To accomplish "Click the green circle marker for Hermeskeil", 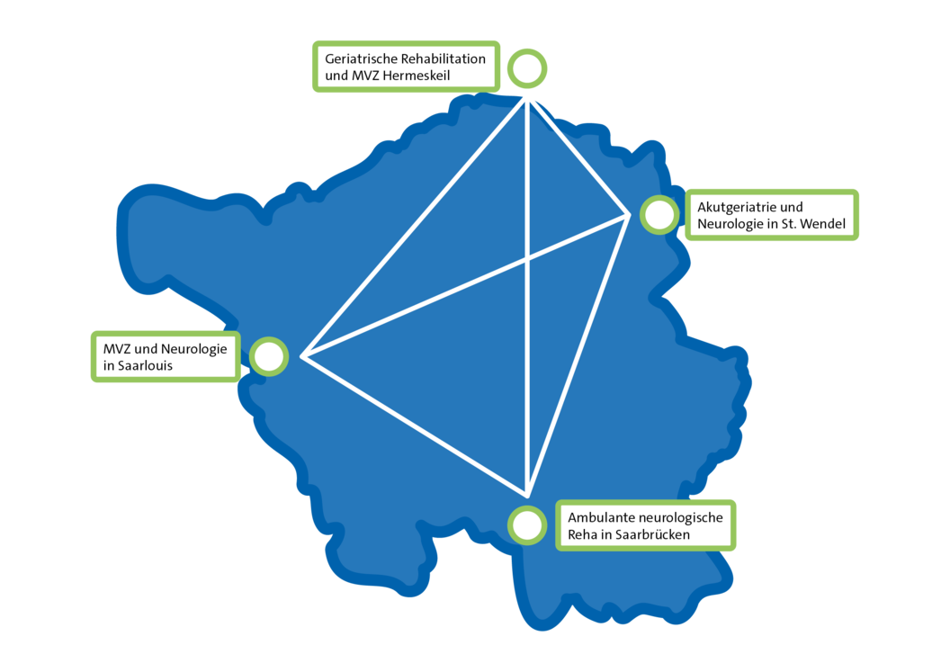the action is coord(527,49).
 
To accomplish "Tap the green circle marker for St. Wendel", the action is coord(659,196).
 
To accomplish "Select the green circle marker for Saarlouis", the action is coord(268,338).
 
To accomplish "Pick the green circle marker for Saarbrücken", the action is coord(527,507).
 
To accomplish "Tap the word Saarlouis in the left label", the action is coord(145,365).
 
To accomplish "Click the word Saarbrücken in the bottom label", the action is coord(653,534).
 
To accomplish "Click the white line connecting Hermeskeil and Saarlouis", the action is coord(415,228).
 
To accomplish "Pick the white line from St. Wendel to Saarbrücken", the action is coord(578,355).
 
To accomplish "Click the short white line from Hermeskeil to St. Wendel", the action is coord(578,157).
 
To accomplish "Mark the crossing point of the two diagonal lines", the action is coord(529,259).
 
